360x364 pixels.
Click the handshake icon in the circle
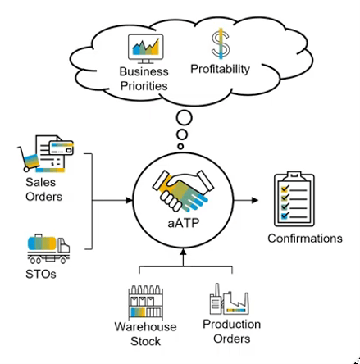[183, 190]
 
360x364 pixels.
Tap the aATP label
[184, 223]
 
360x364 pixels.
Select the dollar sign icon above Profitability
[221, 43]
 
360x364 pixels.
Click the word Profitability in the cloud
[220, 69]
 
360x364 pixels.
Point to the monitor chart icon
[146, 48]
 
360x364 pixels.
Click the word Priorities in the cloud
[144, 86]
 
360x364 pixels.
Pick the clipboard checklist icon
[294, 199]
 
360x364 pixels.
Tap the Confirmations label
[305, 239]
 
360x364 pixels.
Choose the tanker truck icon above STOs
[48, 248]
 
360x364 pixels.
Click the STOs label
[41, 274]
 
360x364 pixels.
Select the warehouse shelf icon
[146, 302]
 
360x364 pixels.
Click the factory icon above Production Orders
[229, 299]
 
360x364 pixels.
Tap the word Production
[231, 324]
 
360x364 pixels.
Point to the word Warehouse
[145, 326]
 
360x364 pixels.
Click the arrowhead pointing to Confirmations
[255, 200]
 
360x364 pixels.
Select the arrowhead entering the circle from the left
[129, 201]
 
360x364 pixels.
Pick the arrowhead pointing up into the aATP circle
[184, 251]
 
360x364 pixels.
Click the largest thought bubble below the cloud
[185, 118]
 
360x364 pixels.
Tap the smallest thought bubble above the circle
[180, 147]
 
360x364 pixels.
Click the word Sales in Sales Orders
[40, 182]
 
